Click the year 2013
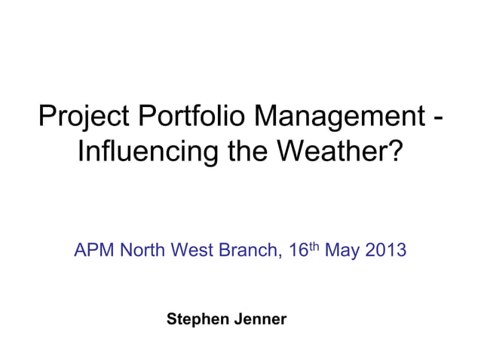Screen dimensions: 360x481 [385, 250]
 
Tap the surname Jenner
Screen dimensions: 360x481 [261, 319]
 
